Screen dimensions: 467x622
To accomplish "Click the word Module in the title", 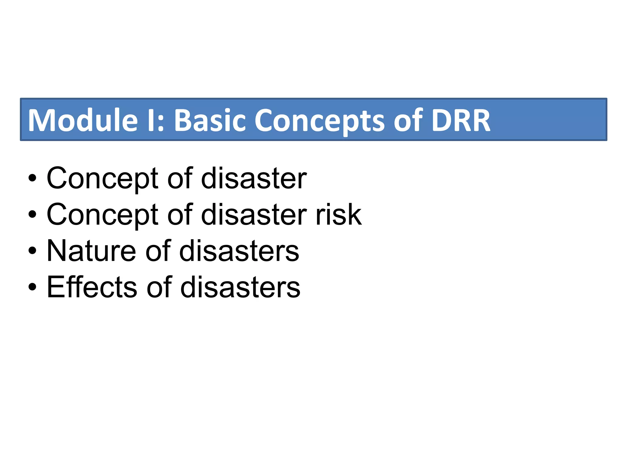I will pyautogui.click(x=83, y=120).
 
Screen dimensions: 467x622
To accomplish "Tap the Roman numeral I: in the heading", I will pyautogui.click(x=155, y=120).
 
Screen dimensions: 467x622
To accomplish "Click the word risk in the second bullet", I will pyautogui.click(x=339, y=215).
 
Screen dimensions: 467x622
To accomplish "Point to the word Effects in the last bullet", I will pyautogui.click(x=92, y=287).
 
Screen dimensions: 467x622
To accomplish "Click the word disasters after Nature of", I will pyautogui.click(x=239, y=251).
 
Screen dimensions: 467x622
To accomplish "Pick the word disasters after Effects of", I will pyautogui.click(x=240, y=287).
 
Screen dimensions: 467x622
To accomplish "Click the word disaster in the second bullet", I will pyautogui.click(x=254, y=215).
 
